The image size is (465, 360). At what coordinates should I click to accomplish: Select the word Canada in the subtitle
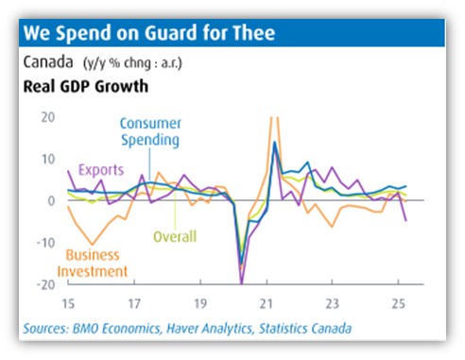click(x=48, y=61)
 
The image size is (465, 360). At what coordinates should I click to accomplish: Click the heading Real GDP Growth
click(x=86, y=86)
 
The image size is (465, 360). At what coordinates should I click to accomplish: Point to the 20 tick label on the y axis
click(x=48, y=117)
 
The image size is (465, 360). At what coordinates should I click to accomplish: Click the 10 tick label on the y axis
click(x=48, y=160)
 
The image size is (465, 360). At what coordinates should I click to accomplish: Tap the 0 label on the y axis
click(x=51, y=201)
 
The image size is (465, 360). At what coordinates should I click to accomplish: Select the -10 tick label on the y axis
click(x=46, y=243)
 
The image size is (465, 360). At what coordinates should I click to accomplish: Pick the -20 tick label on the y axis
click(x=46, y=285)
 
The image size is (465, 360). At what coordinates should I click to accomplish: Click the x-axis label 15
click(x=68, y=304)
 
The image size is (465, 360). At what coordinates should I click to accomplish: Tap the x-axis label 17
click(x=134, y=304)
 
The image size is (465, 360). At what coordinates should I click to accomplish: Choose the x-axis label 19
click(x=200, y=304)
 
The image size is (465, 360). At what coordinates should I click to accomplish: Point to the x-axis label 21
click(x=267, y=304)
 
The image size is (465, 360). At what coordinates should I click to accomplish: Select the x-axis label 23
click(x=333, y=304)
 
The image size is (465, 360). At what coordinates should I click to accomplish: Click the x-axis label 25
click(x=399, y=304)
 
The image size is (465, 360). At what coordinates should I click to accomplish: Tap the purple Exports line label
click(x=101, y=170)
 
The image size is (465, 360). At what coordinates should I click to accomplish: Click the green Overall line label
click(x=175, y=236)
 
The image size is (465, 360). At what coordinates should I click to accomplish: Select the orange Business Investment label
click(x=93, y=264)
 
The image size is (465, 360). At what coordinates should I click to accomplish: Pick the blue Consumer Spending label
click(x=150, y=132)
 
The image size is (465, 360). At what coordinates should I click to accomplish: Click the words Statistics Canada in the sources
click(x=305, y=329)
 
